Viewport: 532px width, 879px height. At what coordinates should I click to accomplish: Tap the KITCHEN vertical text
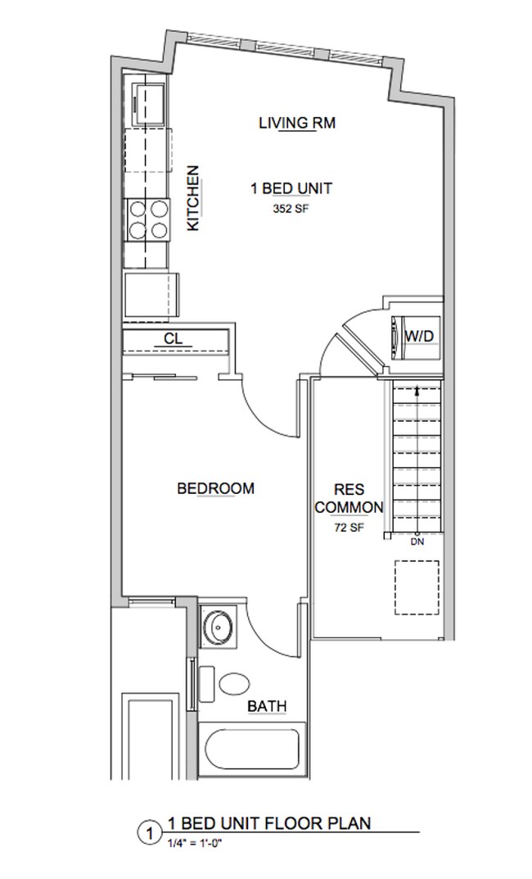(x=194, y=198)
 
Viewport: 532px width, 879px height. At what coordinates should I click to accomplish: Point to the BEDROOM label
(x=215, y=488)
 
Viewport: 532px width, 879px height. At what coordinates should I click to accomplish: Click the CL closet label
(x=173, y=338)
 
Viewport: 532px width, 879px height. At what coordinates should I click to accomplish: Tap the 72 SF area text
(x=349, y=528)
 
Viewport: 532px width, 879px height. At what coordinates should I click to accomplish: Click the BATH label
(x=266, y=706)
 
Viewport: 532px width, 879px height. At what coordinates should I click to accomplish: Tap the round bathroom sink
(x=219, y=629)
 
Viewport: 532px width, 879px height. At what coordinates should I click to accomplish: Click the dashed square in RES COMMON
(x=417, y=587)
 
